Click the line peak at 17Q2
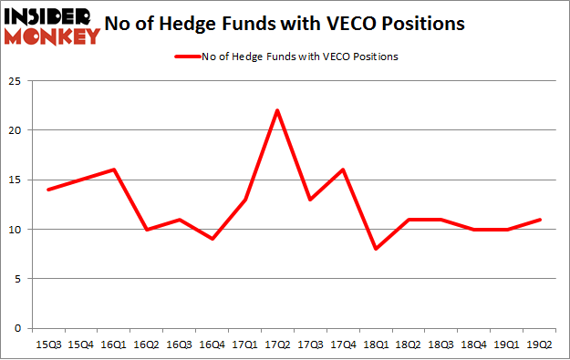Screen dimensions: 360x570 coord(276,110)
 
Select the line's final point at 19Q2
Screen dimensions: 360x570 coord(541,220)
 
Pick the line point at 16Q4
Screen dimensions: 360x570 coord(212,239)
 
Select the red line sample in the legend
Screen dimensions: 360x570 coord(187,57)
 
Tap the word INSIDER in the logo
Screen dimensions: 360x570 coord(50,16)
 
